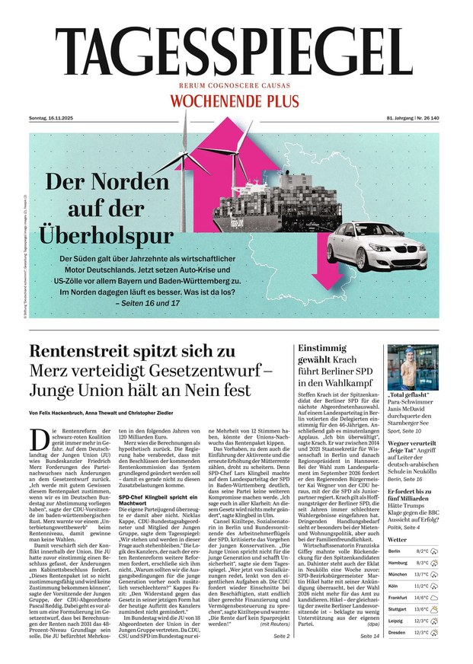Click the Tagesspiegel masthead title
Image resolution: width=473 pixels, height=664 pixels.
pos(236,53)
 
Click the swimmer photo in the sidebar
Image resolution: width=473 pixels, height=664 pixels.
pos(413,367)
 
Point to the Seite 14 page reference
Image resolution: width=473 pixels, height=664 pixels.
pos(370,635)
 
